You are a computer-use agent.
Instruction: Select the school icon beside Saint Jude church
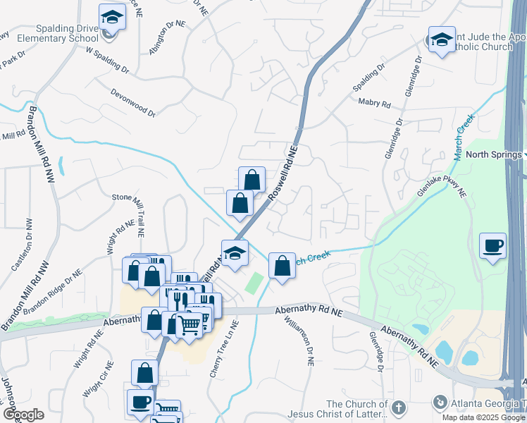442,40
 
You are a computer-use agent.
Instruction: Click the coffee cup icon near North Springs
492,246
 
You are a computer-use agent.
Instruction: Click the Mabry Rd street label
374,103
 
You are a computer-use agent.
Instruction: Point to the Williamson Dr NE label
309,340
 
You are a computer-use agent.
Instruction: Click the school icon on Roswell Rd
235,253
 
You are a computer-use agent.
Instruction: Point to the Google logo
23,415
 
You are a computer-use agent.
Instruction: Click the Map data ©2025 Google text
483,417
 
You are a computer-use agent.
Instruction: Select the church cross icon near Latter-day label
398,407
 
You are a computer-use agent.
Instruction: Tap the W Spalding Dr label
108,61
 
